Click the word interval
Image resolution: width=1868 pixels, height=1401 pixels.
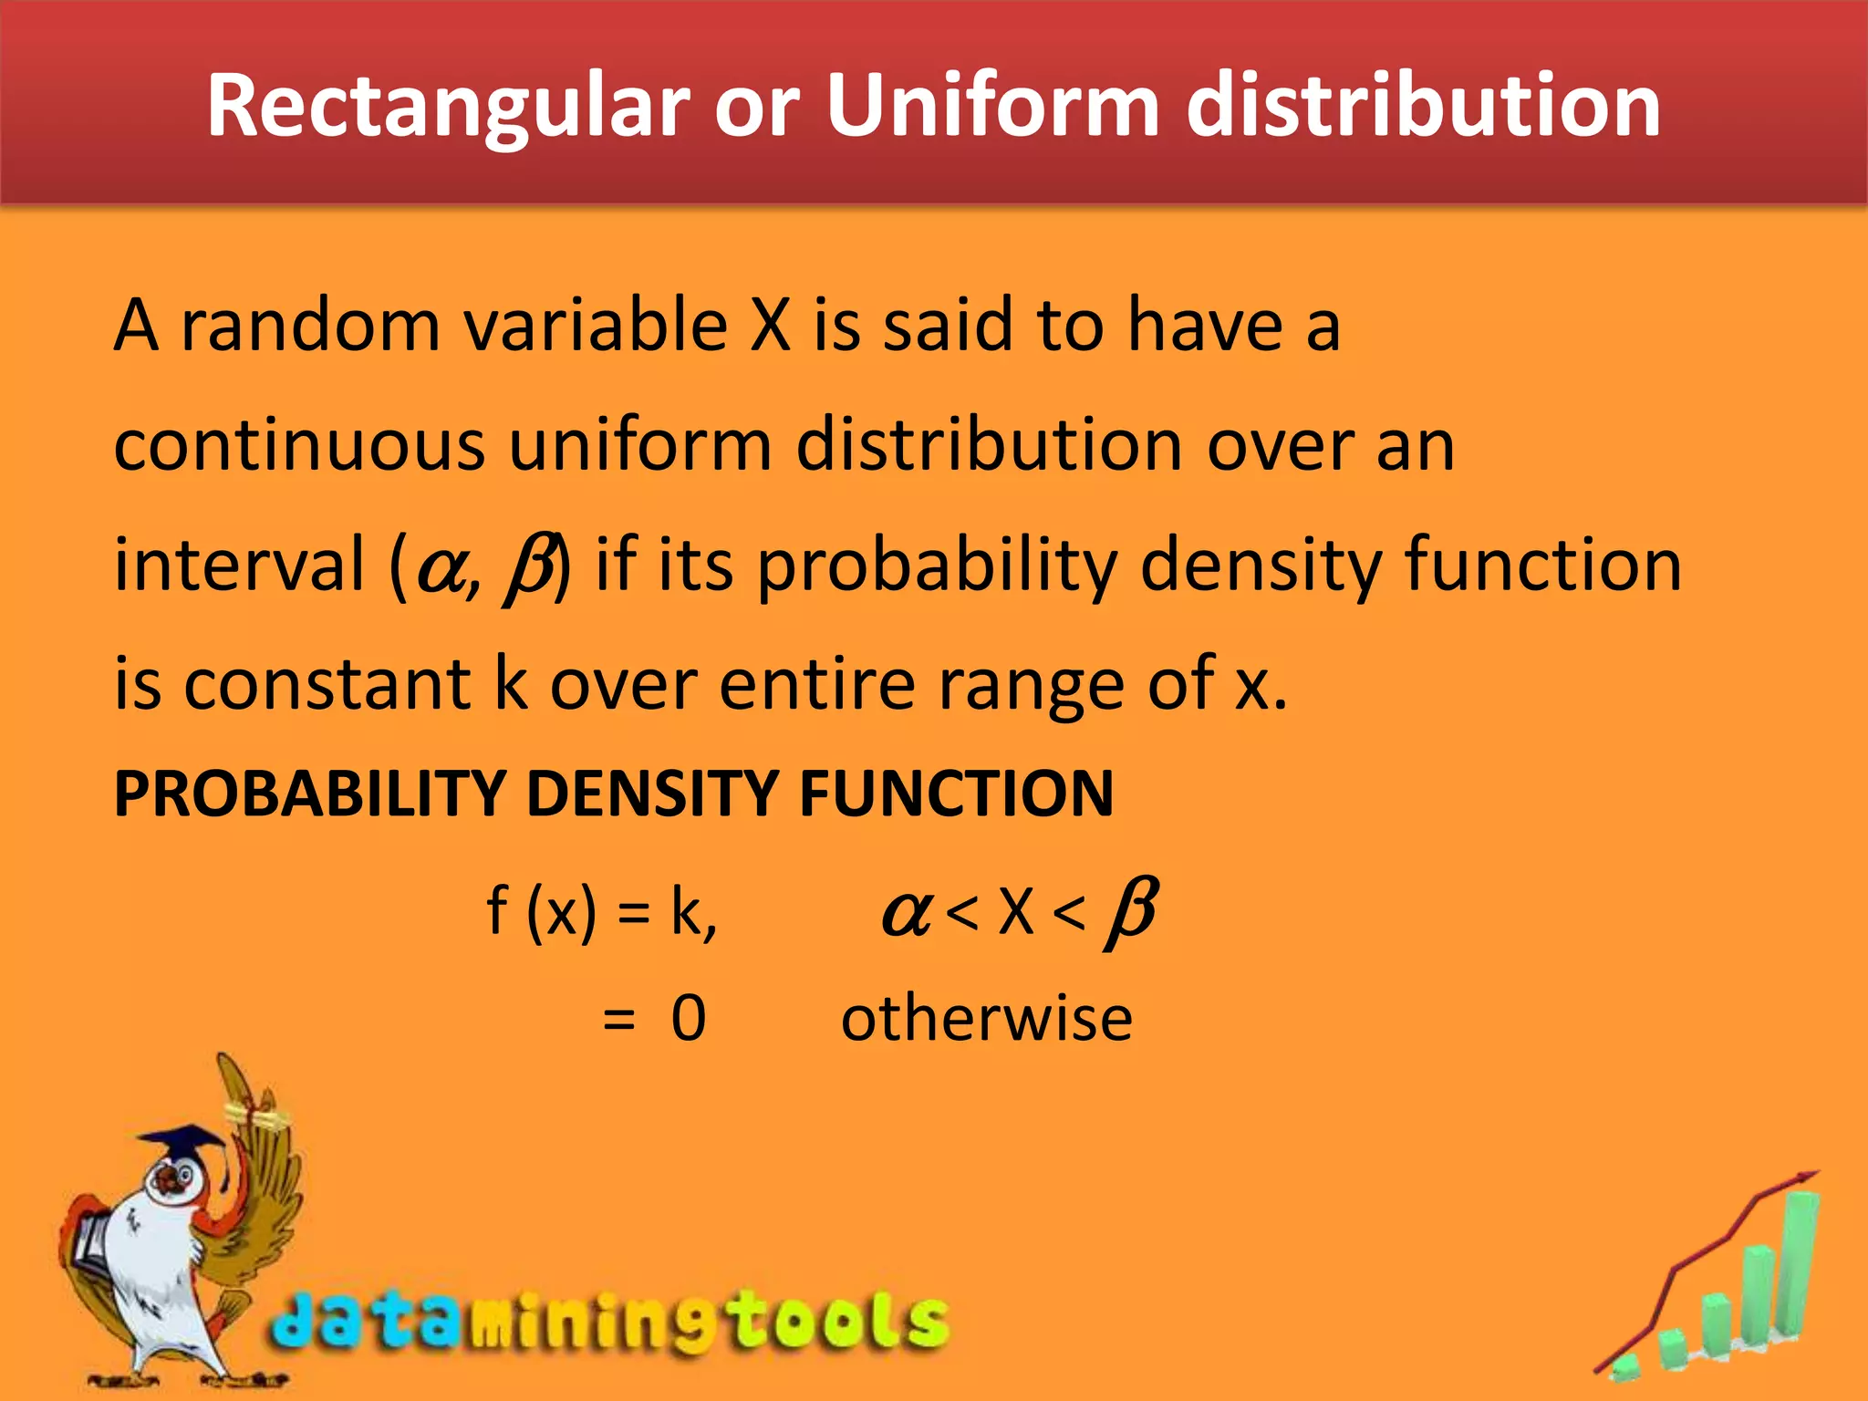239,565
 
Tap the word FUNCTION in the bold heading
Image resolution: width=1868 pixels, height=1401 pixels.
956,793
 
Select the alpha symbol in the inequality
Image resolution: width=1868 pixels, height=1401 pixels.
905,912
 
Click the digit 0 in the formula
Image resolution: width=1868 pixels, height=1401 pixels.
689,1018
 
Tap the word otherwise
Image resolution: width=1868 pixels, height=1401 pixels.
987,1018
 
